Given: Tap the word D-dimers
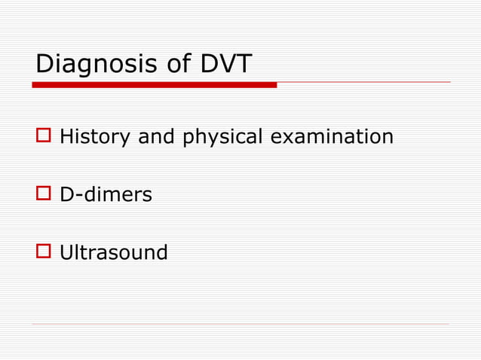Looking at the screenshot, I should pos(106,195).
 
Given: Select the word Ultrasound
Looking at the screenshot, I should pos(114,252).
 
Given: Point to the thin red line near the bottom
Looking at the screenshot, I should pos(241,325).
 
